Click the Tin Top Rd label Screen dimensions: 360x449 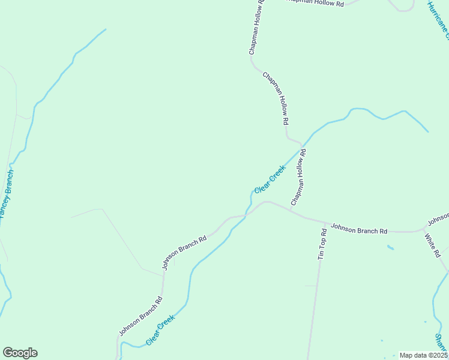click(x=322, y=244)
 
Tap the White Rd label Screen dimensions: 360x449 click(x=433, y=245)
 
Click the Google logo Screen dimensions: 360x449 click(x=20, y=353)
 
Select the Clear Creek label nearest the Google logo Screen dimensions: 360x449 click(x=160, y=330)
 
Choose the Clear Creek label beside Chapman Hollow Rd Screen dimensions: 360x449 click(x=269, y=179)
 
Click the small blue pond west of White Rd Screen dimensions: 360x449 click(x=391, y=247)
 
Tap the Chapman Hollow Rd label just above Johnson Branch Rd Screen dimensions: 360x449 click(x=299, y=178)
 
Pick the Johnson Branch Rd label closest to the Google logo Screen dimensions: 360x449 click(x=140, y=316)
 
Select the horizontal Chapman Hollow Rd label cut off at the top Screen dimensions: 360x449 click(x=313, y=3)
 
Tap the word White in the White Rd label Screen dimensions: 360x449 click(x=430, y=242)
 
